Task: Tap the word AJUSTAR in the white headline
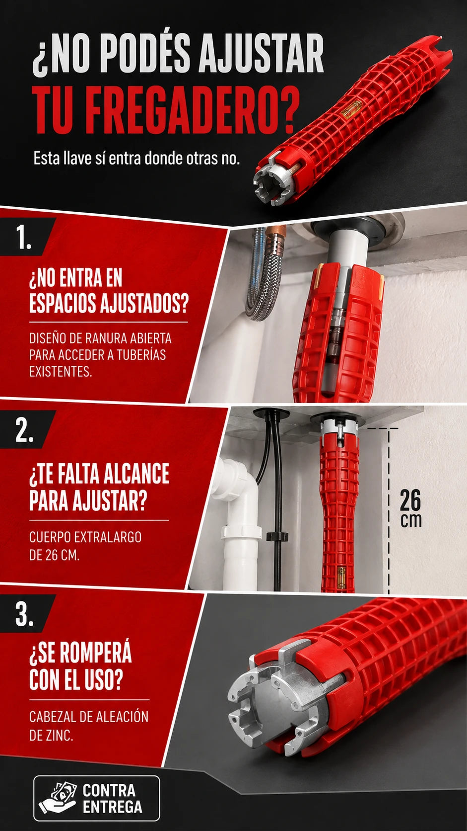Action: [261, 54]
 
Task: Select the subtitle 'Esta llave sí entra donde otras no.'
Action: [136, 159]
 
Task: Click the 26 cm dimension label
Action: [411, 508]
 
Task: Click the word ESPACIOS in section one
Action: [62, 303]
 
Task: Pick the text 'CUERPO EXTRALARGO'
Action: [85, 537]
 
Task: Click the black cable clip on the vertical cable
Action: [276, 537]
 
